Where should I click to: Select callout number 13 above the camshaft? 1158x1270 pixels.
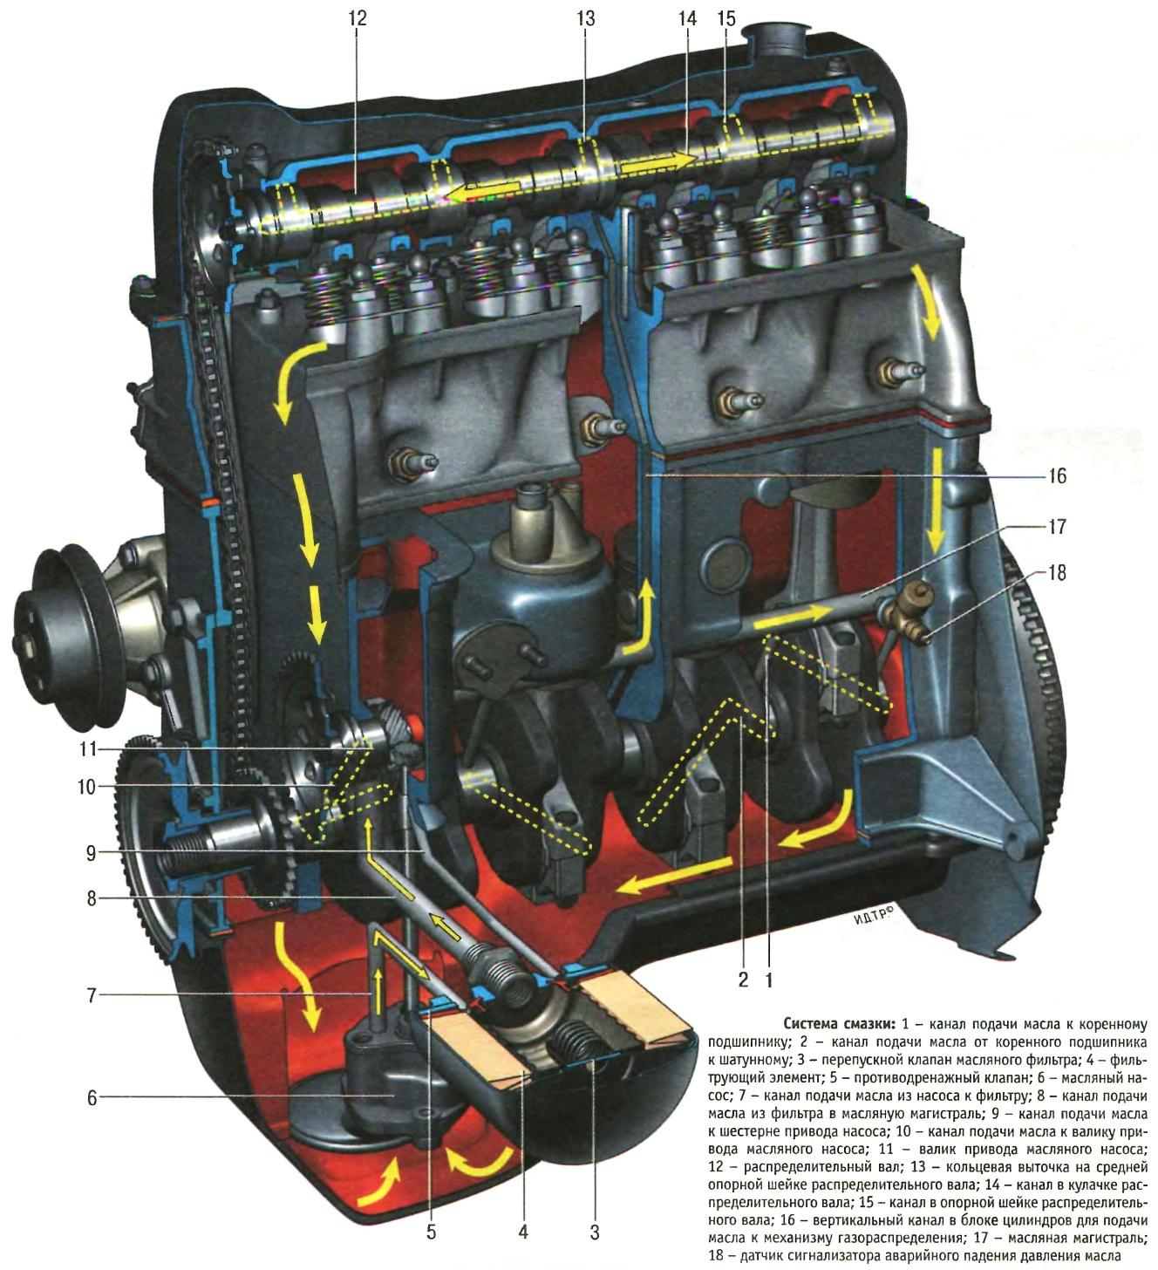click(585, 17)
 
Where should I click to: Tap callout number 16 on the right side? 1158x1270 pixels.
click(1057, 476)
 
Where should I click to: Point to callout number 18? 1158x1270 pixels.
click(1057, 573)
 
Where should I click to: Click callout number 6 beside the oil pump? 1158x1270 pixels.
click(92, 1098)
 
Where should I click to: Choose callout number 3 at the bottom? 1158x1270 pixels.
click(594, 1232)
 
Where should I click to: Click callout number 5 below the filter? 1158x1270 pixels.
click(431, 1232)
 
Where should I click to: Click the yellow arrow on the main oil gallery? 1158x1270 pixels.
click(789, 618)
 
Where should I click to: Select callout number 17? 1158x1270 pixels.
click(1057, 526)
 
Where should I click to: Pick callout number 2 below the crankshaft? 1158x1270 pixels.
click(743, 980)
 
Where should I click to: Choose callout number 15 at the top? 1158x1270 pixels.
click(726, 17)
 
